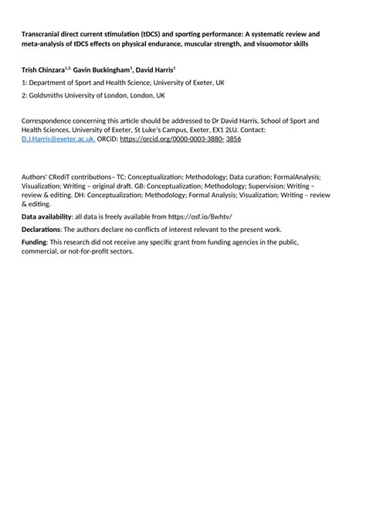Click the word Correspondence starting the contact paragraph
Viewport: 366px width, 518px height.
click(x=50, y=121)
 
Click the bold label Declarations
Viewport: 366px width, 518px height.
click(x=40, y=230)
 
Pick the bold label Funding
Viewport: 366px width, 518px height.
click(x=34, y=242)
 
